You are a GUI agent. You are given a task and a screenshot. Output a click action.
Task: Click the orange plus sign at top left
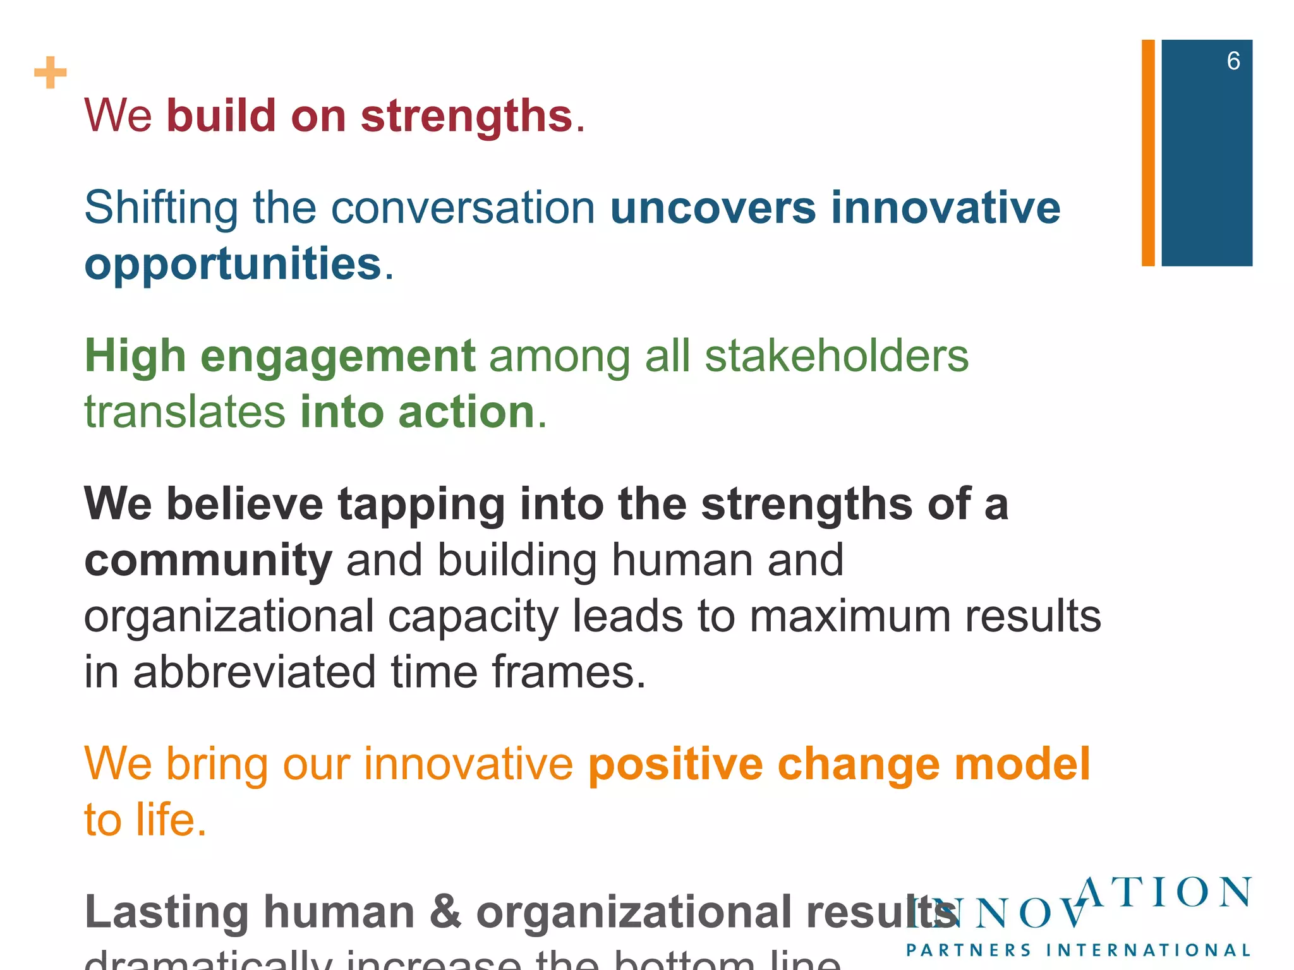51,73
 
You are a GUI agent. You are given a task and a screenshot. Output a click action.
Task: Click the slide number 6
1233,61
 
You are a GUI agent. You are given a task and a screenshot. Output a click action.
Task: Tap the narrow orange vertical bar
1148,153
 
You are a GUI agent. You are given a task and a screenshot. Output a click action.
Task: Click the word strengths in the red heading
466,117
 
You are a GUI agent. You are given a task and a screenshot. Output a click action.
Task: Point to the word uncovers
713,208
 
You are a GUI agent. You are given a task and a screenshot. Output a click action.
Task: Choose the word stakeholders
836,356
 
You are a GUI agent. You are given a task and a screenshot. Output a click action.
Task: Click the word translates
184,412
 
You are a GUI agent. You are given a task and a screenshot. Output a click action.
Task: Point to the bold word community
208,561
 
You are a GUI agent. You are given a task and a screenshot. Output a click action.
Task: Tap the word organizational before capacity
229,618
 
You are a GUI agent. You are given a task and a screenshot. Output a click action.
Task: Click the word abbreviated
255,672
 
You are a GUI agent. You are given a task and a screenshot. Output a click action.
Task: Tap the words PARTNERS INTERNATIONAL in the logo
1078,950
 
